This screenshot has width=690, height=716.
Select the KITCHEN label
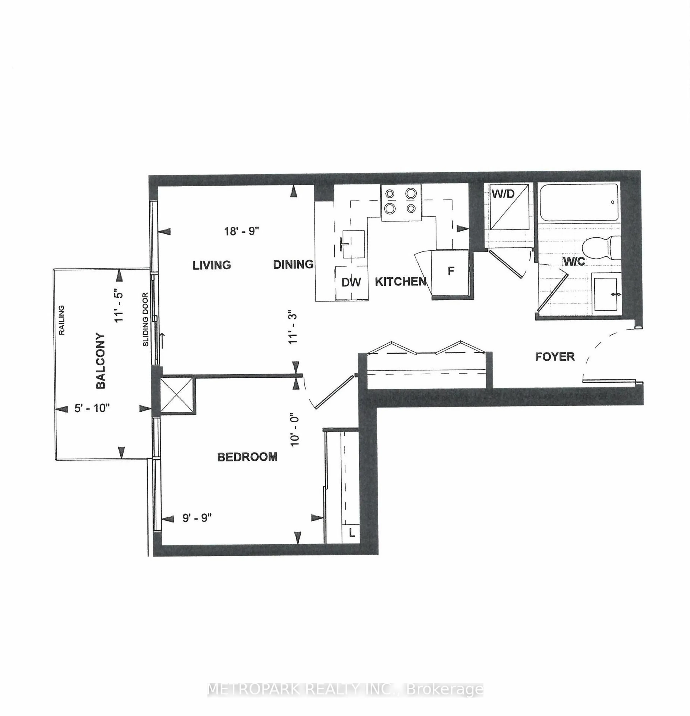click(400, 281)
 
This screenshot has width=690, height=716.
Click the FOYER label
click(555, 356)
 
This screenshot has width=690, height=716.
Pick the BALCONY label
click(100, 361)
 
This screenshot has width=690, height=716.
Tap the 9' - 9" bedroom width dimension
click(197, 518)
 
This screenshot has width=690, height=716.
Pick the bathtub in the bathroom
click(579, 202)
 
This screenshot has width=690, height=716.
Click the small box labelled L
click(351, 533)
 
